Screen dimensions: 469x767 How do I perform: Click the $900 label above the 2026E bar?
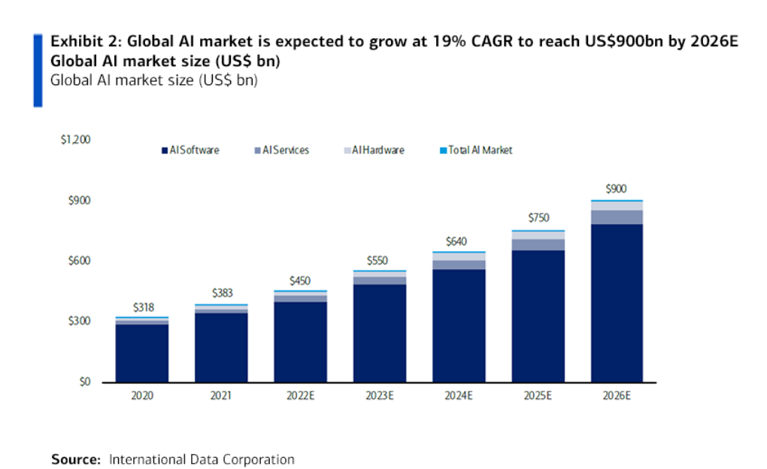pos(616,189)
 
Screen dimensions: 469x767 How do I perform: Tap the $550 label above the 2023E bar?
pos(379,260)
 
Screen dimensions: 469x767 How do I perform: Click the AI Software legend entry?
pos(190,150)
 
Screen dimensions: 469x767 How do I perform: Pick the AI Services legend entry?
pos(282,150)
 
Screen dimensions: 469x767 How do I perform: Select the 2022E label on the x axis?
pos(300,395)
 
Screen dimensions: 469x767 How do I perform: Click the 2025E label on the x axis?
pos(537,395)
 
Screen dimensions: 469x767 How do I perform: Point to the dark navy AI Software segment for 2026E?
pos(616,301)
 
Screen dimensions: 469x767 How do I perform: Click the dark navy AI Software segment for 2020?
pos(142,353)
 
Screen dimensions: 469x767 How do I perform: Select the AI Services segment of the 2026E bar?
pos(616,217)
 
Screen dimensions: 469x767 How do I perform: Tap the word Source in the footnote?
pos(75,458)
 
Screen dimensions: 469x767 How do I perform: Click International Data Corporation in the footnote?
pos(202,458)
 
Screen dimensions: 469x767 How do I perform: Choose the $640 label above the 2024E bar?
pos(458,241)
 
